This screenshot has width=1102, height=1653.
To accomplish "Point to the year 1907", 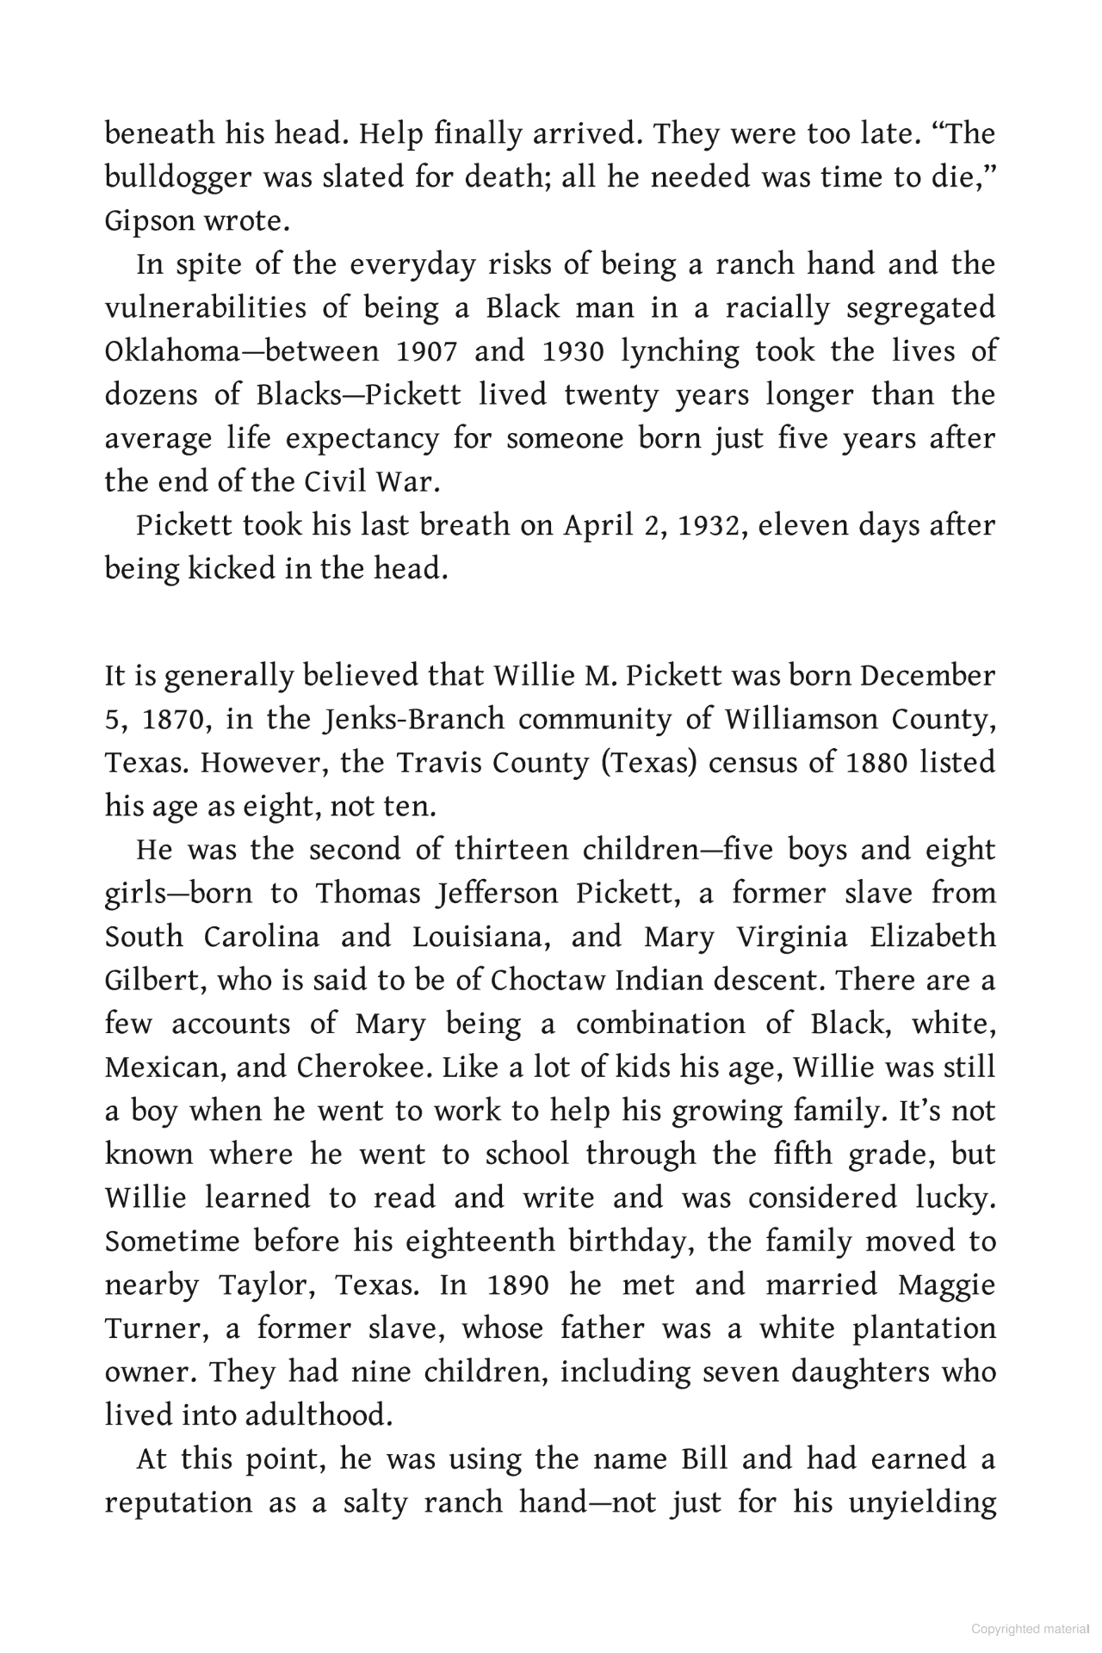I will (427, 352).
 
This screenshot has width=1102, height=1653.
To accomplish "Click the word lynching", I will (680, 352).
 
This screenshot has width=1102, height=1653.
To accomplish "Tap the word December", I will (928, 676).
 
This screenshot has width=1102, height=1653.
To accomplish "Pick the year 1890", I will (517, 1285).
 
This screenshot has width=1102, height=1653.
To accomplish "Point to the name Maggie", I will (946, 1285).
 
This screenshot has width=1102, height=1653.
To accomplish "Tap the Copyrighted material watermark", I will (1030, 1629).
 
